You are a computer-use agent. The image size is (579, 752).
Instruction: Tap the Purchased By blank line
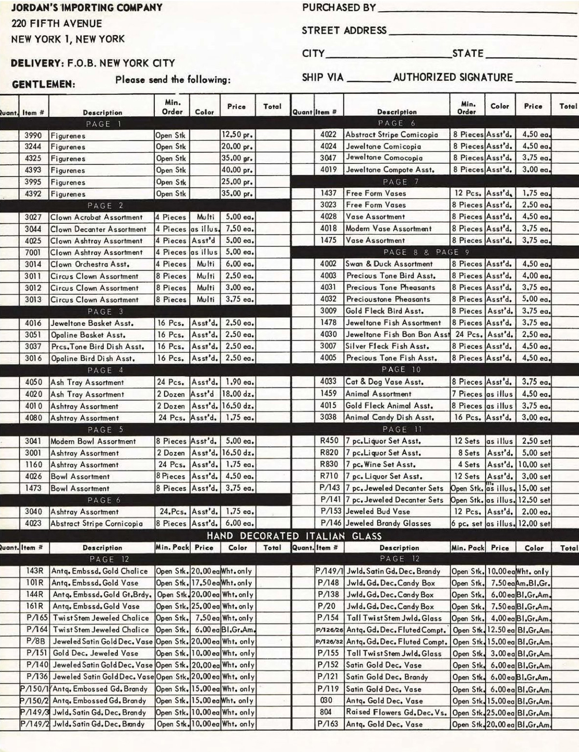[477, 10]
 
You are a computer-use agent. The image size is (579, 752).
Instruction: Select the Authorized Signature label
[453, 77]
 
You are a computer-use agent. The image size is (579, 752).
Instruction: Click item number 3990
[33, 135]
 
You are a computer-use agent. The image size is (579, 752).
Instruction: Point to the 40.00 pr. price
[237, 170]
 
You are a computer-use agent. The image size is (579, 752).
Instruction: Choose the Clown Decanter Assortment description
[98, 229]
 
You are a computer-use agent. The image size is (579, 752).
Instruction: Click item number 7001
[33, 252]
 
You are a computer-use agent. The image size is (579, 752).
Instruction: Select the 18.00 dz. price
[238, 394]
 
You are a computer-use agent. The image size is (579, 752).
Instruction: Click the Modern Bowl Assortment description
[93, 441]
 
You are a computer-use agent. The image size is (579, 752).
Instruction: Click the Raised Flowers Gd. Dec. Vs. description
[396, 712]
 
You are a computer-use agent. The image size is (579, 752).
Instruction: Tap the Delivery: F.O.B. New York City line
[93, 63]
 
